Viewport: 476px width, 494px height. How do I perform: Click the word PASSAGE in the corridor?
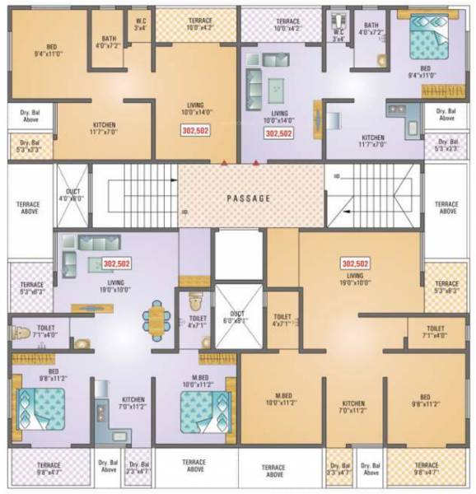point(249,198)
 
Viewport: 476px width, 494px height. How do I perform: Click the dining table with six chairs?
point(156,319)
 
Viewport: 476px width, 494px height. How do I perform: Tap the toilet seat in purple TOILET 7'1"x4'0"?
point(23,334)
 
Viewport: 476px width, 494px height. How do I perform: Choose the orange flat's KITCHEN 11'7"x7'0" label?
point(104,128)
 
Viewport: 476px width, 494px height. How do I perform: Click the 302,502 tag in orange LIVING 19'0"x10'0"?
point(355,263)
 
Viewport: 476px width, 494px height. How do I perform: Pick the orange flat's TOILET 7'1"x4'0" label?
point(435,332)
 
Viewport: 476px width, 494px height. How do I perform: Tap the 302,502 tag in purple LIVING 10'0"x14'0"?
point(280,133)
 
